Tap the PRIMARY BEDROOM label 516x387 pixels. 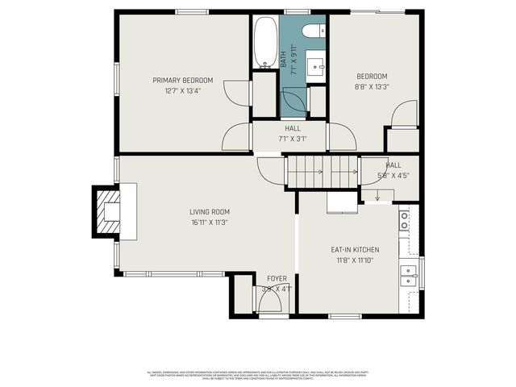[x=183, y=80]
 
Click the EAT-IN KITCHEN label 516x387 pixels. [x=355, y=250]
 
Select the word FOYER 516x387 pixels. [x=277, y=278]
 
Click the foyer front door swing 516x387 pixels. [x=268, y=302]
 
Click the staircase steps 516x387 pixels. [x=322, y=172]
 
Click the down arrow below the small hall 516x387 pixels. [x=377, y=194]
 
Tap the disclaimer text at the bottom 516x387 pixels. [x=258, y=375]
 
